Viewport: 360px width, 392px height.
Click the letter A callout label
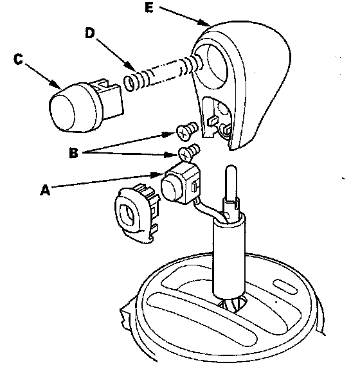point(45,190)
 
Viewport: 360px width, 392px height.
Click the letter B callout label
point(73,152)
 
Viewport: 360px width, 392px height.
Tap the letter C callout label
point(18,59)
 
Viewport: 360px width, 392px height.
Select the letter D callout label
point(90,33)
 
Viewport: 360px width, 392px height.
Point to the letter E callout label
point(149,8)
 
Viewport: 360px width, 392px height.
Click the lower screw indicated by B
point(188,152)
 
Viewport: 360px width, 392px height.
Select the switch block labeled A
point(180,184)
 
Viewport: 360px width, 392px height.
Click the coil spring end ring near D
point(130,83)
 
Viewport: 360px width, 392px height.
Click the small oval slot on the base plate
point(284,287)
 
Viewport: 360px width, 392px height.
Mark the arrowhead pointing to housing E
point(204,23)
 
